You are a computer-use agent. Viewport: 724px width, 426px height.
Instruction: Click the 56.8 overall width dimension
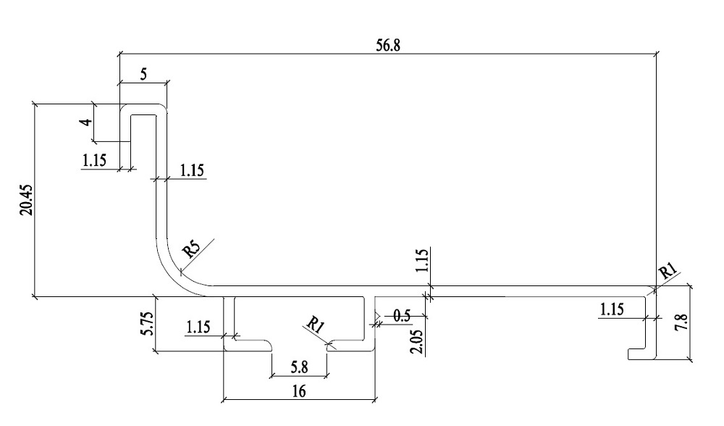click(387, 43)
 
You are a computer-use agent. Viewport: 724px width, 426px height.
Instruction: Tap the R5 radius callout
click(191, 249)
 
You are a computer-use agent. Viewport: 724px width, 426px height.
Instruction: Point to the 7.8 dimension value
click(700, 319)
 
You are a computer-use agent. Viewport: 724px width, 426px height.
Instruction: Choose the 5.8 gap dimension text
click(299, 368)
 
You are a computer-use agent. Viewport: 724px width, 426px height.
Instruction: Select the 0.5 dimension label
click(403, 317)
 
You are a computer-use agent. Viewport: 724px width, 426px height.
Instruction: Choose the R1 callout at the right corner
click(667, 272)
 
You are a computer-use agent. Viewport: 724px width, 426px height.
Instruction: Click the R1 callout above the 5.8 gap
click(313, 324)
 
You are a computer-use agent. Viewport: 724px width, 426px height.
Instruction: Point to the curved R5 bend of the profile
click(172, 268)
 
